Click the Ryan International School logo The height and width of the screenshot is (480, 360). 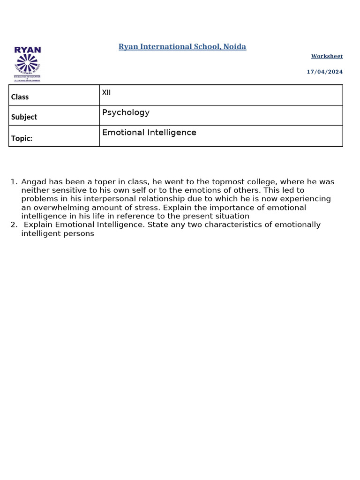click(27, 64)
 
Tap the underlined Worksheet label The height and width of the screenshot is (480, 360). click(327, 56)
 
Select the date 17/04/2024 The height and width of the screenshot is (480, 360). click(325, 72)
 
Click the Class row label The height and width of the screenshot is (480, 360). click(20, 97)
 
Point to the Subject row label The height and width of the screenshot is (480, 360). click(24, 117)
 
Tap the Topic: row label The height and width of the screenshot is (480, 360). click(22, 138)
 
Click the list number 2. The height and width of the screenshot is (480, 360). click(13, 225)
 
